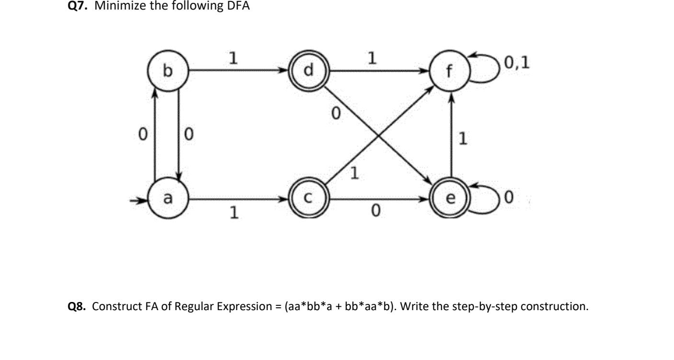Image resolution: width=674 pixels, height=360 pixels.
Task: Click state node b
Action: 167,71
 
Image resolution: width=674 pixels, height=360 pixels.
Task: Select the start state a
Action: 167,197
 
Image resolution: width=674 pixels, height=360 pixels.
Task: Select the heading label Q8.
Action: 78,306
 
